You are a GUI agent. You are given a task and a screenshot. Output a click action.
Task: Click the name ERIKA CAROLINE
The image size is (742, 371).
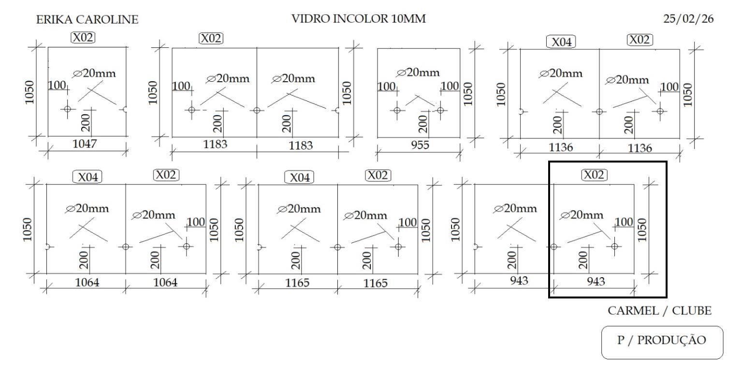tap(87, 20)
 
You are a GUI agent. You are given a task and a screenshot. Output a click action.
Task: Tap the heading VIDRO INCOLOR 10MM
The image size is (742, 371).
tap(359, 19)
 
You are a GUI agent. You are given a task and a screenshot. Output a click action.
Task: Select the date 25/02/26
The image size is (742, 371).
tap(688, 19)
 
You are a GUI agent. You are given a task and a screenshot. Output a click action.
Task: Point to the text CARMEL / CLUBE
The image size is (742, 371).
tap(659, 311)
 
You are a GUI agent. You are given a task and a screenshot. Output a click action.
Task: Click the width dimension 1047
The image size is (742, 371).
tap(85, 144)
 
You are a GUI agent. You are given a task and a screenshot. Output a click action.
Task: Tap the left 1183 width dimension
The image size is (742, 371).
tap(215, 144)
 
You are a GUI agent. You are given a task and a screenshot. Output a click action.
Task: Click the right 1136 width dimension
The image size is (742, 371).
tap(640, 148)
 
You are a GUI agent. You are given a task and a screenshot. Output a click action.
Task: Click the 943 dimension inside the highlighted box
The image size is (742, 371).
tap(595, 282)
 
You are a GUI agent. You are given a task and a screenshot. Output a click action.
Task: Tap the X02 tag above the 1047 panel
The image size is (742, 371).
tap(83, 37)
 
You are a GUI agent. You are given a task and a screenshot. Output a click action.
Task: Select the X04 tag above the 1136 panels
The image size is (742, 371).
tap(561, 42)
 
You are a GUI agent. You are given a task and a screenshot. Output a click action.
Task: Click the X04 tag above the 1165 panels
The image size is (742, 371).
tap(299, 178)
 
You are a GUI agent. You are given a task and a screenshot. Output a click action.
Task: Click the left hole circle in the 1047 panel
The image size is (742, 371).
tap(67, 109)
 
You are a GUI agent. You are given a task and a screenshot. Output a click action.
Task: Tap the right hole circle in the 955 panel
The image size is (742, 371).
tap(440, 110)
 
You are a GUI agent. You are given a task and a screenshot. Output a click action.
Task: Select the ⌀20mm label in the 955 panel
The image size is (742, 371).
tap(418, 73)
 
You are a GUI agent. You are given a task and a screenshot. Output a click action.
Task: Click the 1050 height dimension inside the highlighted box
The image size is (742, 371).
tap(641, 230)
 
